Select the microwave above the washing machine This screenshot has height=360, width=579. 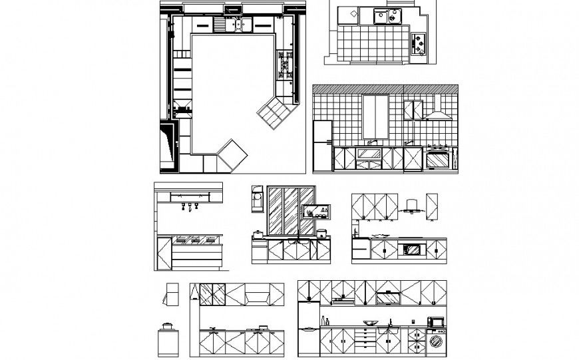coord(437,322)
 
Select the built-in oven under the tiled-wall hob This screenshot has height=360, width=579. coord(437,159)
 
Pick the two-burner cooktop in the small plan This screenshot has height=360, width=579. coord(420,45)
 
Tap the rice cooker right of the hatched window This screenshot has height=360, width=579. coord(322,234)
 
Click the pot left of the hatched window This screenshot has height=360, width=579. coord(257,234)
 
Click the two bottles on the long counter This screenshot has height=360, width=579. coord(325,321)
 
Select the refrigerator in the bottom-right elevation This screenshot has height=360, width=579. coord(309,329)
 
